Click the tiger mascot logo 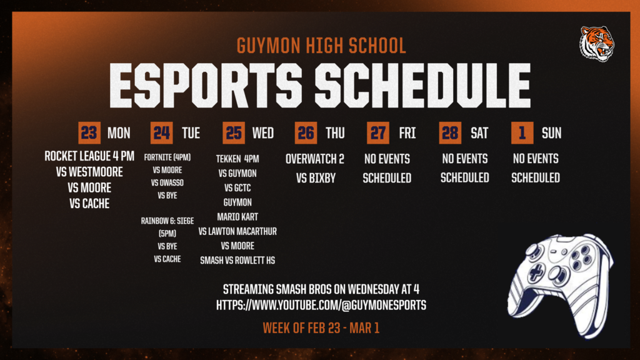click(x=596, y=44)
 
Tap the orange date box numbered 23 click(x=89, y=132)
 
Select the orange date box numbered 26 click(x=306, y=132)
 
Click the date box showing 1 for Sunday click(x=522, y=132)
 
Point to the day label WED click(x=263, y=132)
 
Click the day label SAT click(x=479, y=132)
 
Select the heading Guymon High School click(x=321, y=46)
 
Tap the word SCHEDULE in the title click(x=422, y=85)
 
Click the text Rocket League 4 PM click(x=89, y=156)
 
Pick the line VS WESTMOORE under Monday click(x=89, y=172)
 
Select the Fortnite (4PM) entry click(x=167, y=157)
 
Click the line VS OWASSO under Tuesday click(x=167, y=182)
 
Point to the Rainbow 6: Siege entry click(x=167, y=220)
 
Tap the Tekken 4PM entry click(x=237, y=159)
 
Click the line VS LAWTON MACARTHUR click(x=237, y=231)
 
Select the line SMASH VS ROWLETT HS click(x=237, y=260)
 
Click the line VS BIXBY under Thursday click(x=315, y=177)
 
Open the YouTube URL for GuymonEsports click(x=321, y=306)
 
